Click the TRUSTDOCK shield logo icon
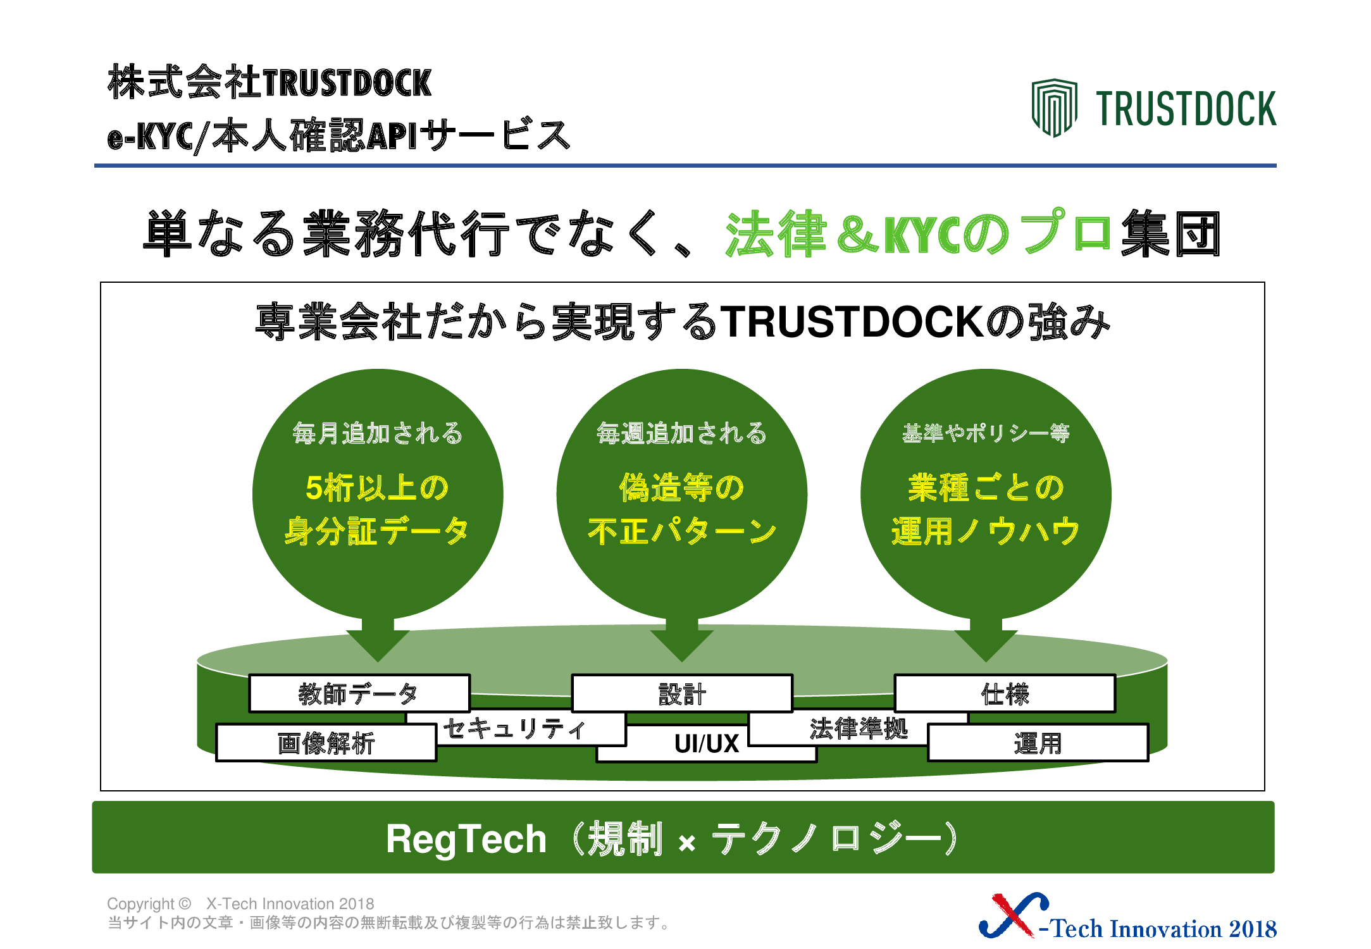pyautogui.click(x=1054, y=108)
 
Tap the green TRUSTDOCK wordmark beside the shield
pyautogui.click(x=1186, y=109)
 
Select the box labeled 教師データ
pyautogui.click(x=359, y=693)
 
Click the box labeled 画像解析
pyautogui.click(x=326, y=743)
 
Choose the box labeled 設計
pyautogui.click(x=682, y=693)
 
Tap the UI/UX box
pyautogui.click(x=707, y=744)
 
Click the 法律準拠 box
pyautogui.click(x=859, y=729)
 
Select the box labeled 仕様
pyautogui.click(x=1005, y=693)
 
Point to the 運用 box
pyautogui.click(x=1038, y=743)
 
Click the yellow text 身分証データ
pyautogui.click(x=377, y=531)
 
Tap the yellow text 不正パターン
pyautogui.click(x=682, y=531)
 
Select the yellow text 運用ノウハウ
pyautogui.click(x=986, y=531)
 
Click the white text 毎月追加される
pyautogui.click(x=377, y=433)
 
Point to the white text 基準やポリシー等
pyautogui.click(x=986, y=433)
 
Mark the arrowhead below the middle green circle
pyautogui.click(x=682, y=645)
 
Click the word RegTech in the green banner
pyautogui.click(x=466, y=840)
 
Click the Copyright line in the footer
pyautogui.click(x=240, y=903)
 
